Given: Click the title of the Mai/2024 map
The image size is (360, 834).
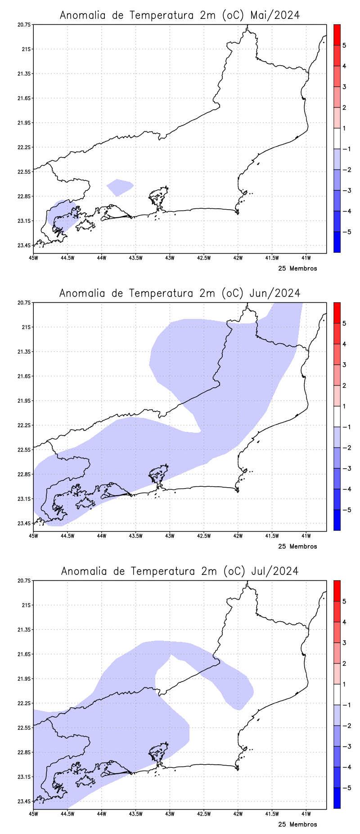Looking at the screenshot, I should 180,15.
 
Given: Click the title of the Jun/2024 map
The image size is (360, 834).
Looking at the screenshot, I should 180,293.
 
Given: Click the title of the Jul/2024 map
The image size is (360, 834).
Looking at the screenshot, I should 180,571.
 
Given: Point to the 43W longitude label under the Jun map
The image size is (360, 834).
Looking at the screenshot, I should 170,536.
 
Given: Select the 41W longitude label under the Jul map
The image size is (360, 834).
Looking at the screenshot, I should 306,814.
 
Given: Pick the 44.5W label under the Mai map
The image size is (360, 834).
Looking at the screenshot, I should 67,258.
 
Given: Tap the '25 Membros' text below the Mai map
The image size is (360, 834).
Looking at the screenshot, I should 297,269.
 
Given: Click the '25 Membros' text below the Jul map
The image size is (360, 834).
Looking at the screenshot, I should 297,825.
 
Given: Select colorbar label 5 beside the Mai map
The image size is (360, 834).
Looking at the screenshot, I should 344,45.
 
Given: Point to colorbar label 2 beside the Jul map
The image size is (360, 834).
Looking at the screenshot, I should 344,664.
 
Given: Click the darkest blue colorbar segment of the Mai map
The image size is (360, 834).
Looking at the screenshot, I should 337,242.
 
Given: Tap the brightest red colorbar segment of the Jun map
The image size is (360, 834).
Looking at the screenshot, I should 337,313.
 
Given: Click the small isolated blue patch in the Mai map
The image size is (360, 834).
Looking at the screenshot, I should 119,187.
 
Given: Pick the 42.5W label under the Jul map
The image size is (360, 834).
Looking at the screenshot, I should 204,814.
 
